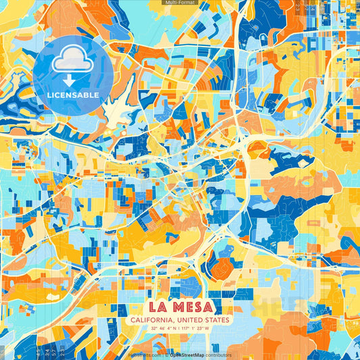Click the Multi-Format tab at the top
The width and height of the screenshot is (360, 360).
(180, 3)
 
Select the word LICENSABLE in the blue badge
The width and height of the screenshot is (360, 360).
(72, 95)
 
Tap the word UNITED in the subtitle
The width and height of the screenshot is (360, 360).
(192, 319)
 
